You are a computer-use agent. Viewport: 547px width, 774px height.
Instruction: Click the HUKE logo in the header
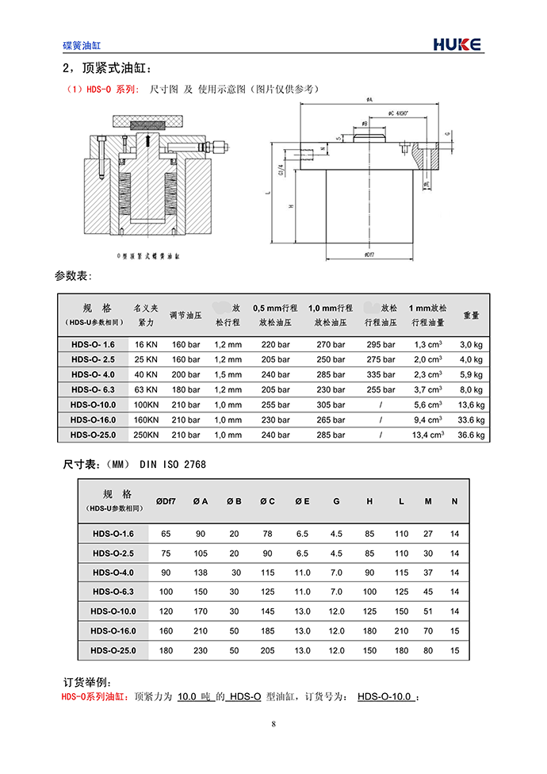point(457,44)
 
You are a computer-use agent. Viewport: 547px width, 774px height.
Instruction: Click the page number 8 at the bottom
point(273,723)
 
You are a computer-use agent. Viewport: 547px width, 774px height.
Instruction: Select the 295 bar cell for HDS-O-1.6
point(381,345)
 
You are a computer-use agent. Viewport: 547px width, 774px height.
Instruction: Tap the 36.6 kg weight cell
point(471,435)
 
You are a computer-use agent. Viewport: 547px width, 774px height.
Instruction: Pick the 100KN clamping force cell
point(146,404)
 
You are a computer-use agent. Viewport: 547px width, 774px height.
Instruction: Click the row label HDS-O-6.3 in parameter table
point(93,389)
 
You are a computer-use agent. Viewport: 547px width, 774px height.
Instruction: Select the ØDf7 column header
point(166,501)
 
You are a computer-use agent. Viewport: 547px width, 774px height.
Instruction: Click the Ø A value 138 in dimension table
point(201,573)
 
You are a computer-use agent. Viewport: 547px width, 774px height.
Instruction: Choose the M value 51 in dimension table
point(428,611)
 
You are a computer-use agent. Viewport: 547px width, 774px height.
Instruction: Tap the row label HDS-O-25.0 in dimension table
point(114,650)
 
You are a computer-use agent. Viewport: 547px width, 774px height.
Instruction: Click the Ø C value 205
point(268,650)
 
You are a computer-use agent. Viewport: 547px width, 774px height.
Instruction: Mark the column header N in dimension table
point(454,501)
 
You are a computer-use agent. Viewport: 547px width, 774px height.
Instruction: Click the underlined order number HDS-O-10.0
point(384,697)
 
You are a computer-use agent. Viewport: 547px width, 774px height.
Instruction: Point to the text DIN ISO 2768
point(172,464)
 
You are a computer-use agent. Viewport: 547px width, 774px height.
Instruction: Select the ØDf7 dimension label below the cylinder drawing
point(369,255)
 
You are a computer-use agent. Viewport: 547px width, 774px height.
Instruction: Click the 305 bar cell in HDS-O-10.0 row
point(331,404)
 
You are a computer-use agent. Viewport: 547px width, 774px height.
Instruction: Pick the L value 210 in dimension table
point(402,631)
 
